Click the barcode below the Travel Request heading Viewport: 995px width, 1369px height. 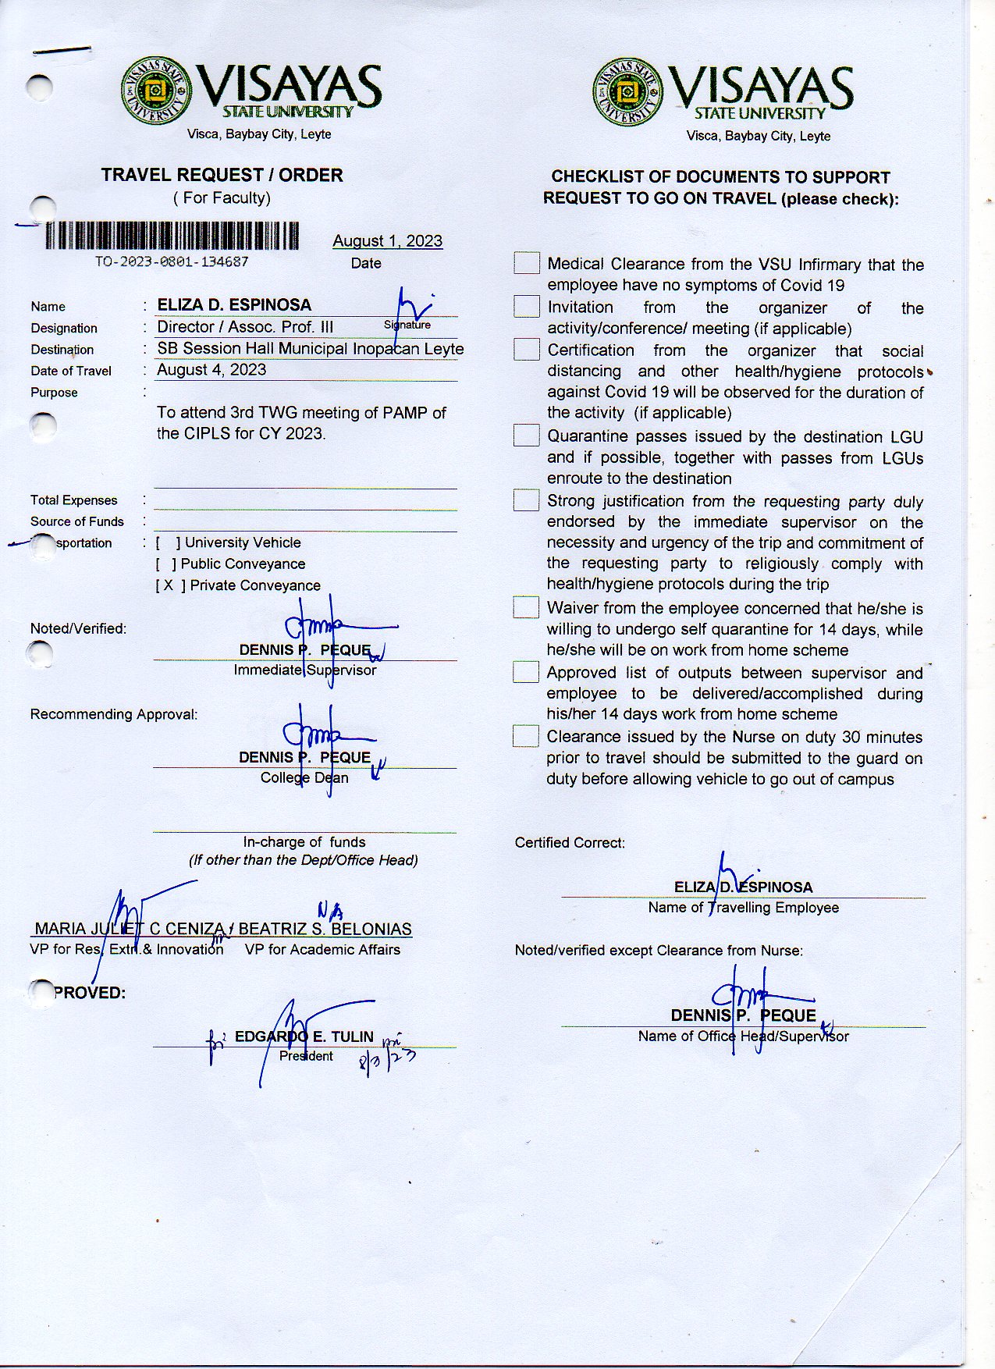[x=172, y=235]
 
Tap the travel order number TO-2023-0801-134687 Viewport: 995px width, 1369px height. [x=172, y=262]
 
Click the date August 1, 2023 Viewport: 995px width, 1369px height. [x=387, y=241]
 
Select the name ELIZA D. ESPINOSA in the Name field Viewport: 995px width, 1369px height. [x=234, y=305]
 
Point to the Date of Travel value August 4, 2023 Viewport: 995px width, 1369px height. [x=211, y=370]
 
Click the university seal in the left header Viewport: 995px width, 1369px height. [x=156, y=91]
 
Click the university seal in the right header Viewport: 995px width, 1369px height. [x=627, y=92]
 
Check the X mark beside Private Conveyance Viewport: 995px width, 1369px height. [x=169, y=585]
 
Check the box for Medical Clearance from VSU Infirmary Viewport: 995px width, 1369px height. [x=527, y=264]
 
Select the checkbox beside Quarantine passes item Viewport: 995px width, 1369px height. [x=527, y=436]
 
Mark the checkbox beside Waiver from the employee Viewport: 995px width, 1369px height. [x=526, y=607]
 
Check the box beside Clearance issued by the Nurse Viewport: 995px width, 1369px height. [x=526, y=736]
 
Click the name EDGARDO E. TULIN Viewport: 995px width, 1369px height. [x=304, y=1037]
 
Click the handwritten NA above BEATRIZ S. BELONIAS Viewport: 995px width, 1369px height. [x=329, y=910]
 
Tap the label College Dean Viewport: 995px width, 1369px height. [x=304, y=777]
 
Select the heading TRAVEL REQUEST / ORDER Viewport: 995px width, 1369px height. [x=222, y=175]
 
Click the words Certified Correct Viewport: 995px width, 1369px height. [x=570, y=843]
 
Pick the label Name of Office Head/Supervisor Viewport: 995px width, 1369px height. [x=743, y=1037]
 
